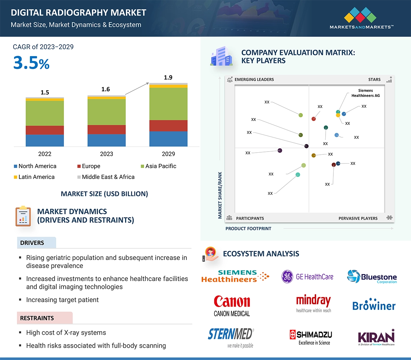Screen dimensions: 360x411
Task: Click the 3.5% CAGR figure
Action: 31,62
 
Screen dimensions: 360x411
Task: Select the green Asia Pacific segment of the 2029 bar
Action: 168,104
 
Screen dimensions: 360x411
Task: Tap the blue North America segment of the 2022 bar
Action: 45,140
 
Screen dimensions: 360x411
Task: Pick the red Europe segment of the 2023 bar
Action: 106,129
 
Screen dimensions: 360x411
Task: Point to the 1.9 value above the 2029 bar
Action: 168,78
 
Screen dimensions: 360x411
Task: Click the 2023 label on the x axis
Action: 106,154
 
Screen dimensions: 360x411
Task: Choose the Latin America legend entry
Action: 34,177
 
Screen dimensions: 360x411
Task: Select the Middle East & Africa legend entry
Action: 105,177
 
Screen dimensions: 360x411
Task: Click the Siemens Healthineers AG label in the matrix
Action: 365,93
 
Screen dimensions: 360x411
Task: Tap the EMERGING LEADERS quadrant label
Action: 254,80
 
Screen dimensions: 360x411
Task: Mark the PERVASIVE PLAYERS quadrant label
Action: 358,218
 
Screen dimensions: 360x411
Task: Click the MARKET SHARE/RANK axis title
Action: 220,195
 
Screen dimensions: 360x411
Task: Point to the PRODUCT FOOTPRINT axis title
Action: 248,229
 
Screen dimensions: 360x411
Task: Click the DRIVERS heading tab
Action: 32,243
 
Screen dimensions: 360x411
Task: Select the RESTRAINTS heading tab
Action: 37,318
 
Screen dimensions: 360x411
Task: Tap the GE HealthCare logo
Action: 307,277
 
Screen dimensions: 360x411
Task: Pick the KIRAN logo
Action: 376,338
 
